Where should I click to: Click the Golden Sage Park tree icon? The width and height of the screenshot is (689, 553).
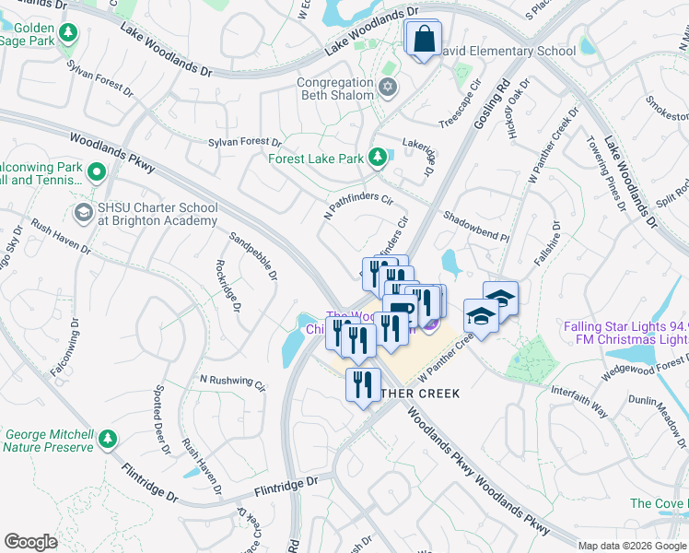pyautogui.click(x=67, y=33)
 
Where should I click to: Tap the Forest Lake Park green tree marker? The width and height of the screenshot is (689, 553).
pyautogui.click(x=377, y=159)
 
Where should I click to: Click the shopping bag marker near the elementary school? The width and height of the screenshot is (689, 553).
pyautogui.click(x=424, y=40)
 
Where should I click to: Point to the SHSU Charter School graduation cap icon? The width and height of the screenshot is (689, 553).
pyautogui.click(x=83, y=213)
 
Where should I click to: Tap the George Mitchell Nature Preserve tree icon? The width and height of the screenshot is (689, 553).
pyautogui.click(x=109, y=439)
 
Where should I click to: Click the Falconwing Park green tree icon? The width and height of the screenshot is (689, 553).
pyautogui.click(x=96, y=172)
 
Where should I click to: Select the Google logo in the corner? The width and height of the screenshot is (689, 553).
pyautogui.click(x=31, y=541)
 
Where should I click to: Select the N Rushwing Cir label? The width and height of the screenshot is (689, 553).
pyautogui.click(x=232, y=382)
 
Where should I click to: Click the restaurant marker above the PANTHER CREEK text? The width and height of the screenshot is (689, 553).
pyautogui.click(x=363, y=382)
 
